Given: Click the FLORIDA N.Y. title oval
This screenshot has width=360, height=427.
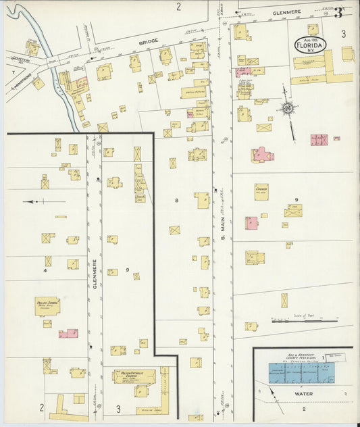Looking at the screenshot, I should pyautogui.click(x=310, y=45).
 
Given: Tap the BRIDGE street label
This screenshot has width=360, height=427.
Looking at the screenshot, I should pyautogui.click(x=148, y=41).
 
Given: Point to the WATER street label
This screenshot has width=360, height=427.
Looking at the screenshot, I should pyautogui.click(x=303, y=393).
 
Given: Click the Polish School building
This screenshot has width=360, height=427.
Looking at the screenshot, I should pyautogui.click(x=47, y=305).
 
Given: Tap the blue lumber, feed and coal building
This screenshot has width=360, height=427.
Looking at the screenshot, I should pyautogui.click(x=301, y=373).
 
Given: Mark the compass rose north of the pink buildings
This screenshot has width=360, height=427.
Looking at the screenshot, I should pyautogui.click(x=288, y=109).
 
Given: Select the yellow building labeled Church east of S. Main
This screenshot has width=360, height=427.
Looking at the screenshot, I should pyautogui.click(x=261, y=191).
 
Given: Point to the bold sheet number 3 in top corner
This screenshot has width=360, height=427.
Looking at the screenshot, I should pyautogui.click(x=338, y=11).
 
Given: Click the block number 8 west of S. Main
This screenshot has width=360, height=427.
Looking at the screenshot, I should pyautogui.click(x=177, y=201).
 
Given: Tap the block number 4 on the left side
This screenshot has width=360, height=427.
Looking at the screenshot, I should pyautogui.click(x=45, y=270).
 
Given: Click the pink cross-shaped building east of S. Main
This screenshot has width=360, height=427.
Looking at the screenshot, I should pyautogui.click(x=262, y=155).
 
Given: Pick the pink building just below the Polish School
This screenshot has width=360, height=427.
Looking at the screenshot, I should pyautogui.click(x=68, y=333).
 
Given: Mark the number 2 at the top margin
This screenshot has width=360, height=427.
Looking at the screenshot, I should pyautogui.click(x=179, y=7).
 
